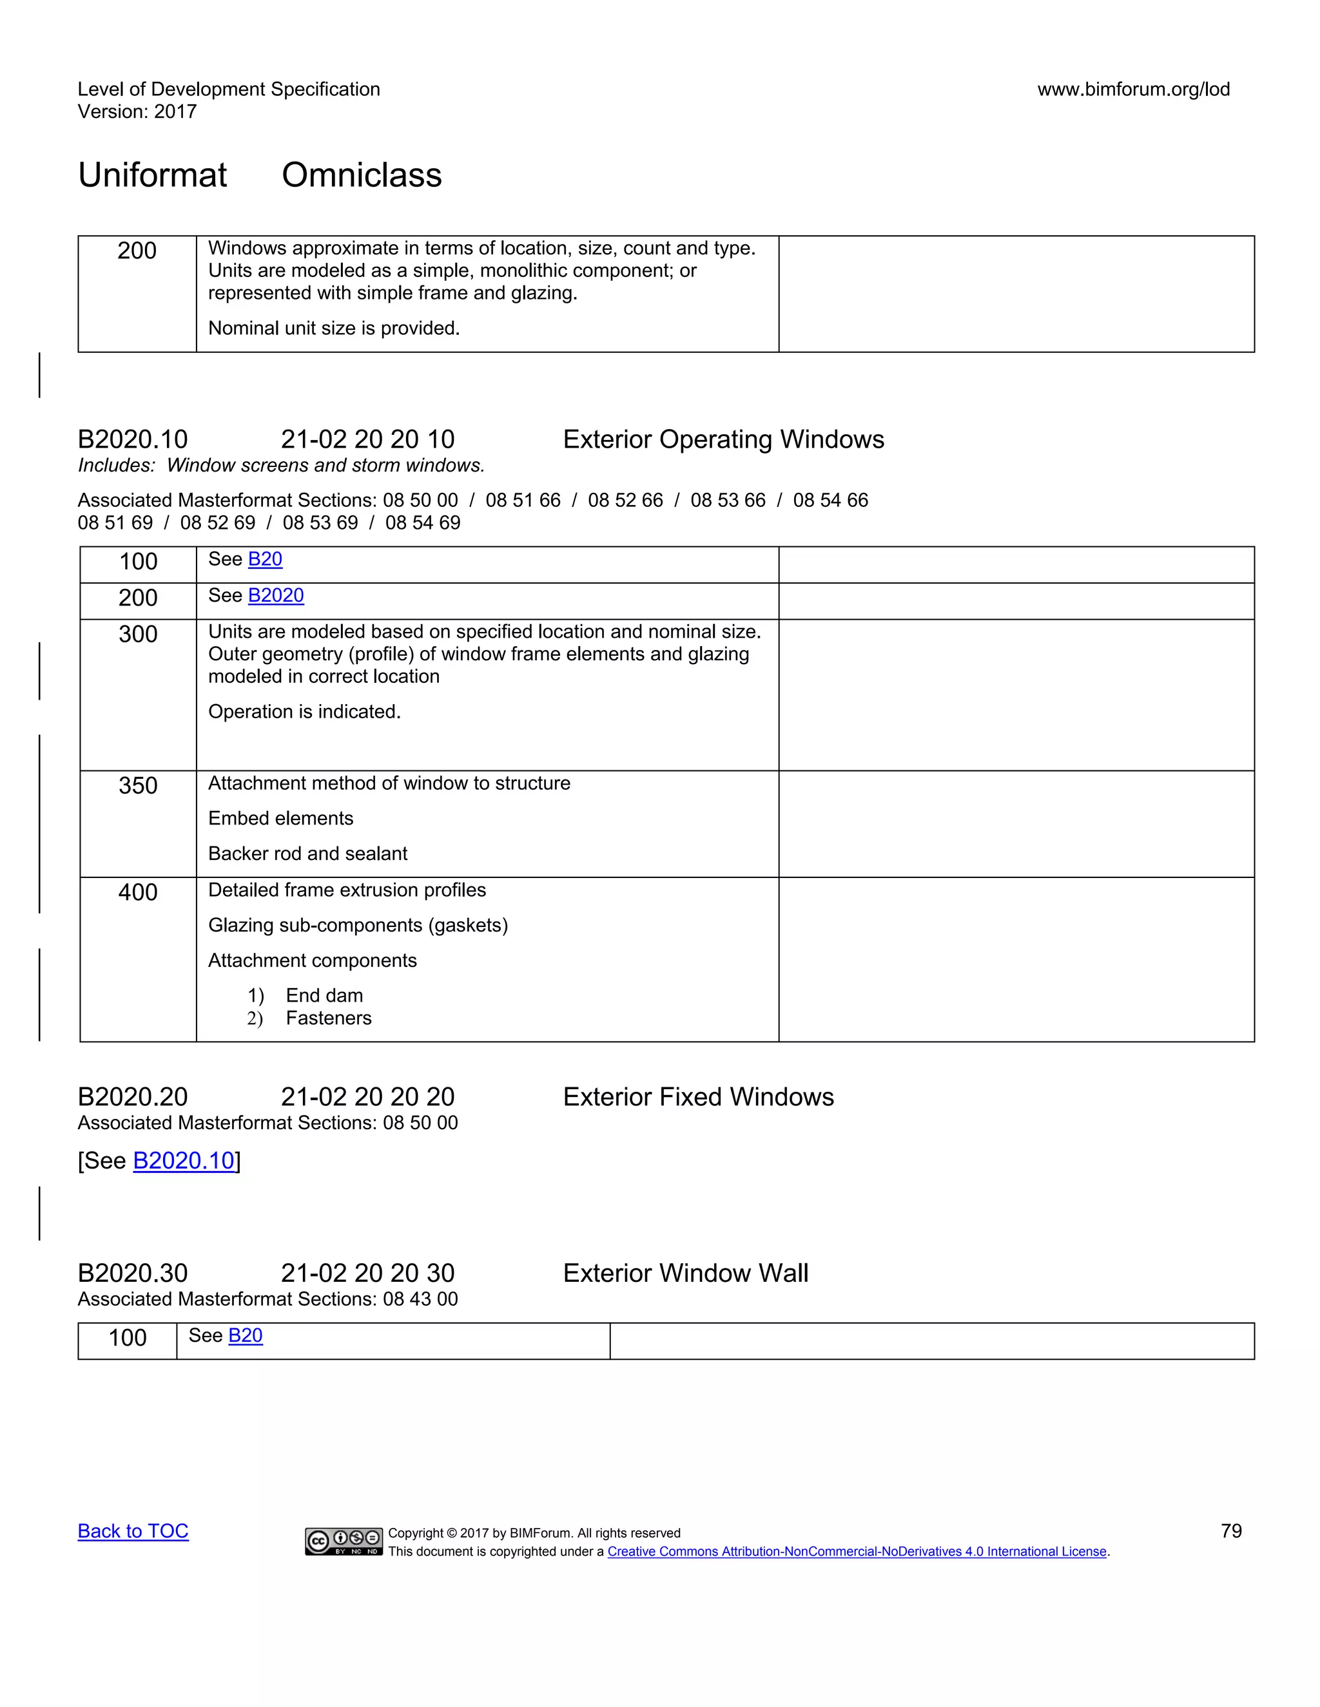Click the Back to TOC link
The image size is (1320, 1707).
point(133,1531)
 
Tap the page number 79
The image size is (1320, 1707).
point(1231,1531)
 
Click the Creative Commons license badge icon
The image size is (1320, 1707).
point(344,1541)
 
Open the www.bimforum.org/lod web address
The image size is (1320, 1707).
point(1133,89)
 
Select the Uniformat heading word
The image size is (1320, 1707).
point(153,175)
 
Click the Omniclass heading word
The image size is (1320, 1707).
point(362,175)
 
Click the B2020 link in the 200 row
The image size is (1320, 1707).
point(275,596)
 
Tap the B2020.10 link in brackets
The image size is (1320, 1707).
point(184,1161)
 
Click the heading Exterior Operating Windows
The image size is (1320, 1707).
point(723,439)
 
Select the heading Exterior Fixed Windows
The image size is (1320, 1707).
point(698,1096)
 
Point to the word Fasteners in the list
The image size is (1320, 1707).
point(329,1018)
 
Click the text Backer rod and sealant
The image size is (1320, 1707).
point(307,853)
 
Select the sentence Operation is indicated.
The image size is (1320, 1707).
point(304,711)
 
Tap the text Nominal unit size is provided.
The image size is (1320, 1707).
point(334,329)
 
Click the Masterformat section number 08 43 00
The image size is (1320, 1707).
point(420,1299)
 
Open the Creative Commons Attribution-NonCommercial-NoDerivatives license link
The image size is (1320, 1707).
point(857,1552)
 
